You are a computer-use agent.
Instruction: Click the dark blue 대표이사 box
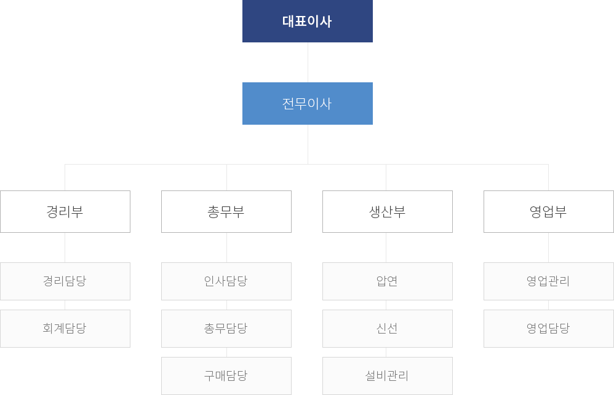[307, 21]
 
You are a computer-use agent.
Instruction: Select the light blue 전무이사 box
[307, 103]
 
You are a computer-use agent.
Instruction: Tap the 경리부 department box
[65, 211]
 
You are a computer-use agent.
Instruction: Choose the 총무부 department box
[226, 211]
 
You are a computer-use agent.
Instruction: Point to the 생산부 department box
[388, 211]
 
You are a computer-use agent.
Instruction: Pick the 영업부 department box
[549, 211]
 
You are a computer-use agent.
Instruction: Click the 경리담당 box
[65, 281]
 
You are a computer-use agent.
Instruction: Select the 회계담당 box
[65, 328]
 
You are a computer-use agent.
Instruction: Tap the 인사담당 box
[226, 281]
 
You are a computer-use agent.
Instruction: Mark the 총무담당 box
[226, 328]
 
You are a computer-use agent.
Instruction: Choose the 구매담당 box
[226, 375]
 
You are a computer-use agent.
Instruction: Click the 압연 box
[388, 281]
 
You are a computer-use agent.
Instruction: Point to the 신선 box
[388, 328]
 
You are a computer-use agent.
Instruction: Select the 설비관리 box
[388, 375]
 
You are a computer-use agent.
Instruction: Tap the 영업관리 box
[549, 281]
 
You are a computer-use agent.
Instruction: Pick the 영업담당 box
[549, 328]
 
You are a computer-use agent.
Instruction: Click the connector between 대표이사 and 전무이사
[308, 62]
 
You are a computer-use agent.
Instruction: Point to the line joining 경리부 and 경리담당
[65, 248]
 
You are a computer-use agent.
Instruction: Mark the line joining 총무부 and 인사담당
[226, 248]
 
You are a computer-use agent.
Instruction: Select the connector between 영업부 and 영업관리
[548, 248]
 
